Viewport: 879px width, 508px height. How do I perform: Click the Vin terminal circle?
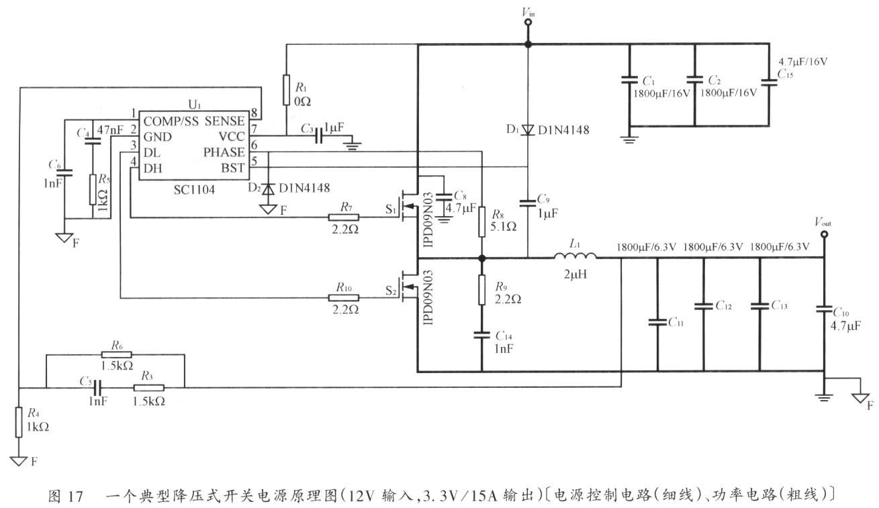tap(528, 22)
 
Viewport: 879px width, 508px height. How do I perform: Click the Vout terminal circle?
tap(825, 235)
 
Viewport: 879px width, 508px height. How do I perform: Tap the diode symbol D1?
tap(528, 130)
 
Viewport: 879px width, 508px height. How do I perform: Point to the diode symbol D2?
tap(269, 189)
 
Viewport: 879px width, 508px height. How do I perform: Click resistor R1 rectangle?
tap(287, 89)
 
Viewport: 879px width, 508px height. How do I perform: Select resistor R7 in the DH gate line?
tap(343, 217)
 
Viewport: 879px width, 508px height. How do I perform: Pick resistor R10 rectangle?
tap(343, 298)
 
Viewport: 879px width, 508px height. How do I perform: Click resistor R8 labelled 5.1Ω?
tap(482, 221)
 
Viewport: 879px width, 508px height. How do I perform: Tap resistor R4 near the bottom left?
tap(19, 422)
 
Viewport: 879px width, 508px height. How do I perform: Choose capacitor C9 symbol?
tap(528, 203)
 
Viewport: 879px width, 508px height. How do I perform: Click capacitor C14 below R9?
tap(482, 335)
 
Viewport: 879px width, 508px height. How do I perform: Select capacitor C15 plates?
tap(769, 83)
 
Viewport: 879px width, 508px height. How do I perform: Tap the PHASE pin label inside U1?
tap(224, 152)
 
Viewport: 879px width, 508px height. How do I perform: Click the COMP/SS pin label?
tap(171, 121)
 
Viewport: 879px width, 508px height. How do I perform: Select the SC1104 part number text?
tap(194, 190)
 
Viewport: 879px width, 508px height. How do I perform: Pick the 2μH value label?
tap(575, 274)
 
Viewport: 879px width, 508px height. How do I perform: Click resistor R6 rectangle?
tap(117, 354)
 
